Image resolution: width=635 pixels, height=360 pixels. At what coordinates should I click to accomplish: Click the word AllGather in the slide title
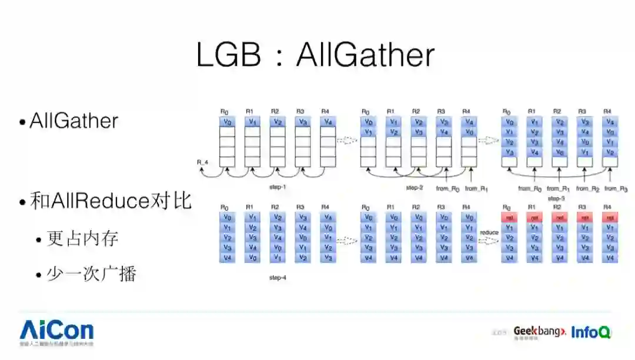click(365, 55)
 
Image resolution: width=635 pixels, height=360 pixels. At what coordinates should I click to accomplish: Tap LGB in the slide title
click(228, 55)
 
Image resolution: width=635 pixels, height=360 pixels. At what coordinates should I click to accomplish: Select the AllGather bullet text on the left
click(74, 121)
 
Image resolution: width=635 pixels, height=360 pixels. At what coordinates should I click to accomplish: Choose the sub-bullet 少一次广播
click(91, 274)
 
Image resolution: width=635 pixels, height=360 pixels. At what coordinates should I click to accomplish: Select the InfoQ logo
click(591, 332)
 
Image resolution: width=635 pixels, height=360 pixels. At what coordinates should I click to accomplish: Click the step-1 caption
click(277, 187)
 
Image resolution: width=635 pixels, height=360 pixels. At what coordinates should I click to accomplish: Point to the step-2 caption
click(415, 188)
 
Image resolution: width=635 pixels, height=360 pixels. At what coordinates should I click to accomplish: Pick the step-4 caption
click(278, 276)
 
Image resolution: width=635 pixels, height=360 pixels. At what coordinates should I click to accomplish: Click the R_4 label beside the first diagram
click(203, 161)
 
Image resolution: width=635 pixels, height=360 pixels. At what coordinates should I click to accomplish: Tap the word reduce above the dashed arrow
click(489, 232)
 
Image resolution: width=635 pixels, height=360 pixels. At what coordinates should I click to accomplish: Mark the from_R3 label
click(616, 189)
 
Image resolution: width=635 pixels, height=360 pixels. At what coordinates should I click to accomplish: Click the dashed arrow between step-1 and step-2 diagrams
click(347, 141)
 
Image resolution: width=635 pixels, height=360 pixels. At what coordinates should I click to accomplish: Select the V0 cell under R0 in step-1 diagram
click(227, 122)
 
